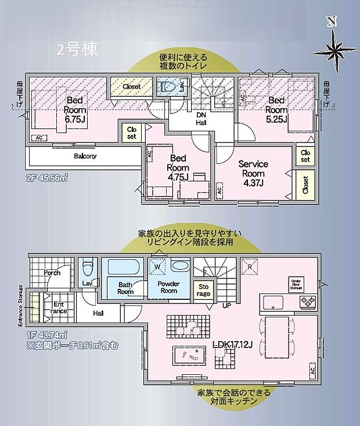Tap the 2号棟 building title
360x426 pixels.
pyautogui.click(x=77, y=49)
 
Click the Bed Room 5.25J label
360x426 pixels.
pyautogui.click(x=276, y=110)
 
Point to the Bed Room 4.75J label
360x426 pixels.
pyautogui.click(x=178, y=167)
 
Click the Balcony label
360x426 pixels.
pyautogui.click(x=85, y=156)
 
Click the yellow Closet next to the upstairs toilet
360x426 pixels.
pyautogui.click(x=131, y=87)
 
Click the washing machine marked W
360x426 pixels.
pyautogui.click(x=157, y=267)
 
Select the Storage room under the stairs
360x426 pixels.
pyautogui.click(x=204, y=290)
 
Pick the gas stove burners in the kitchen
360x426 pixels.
pyautogui.click(x=307, y=300)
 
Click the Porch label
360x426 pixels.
pyautogui.click(x=52, y=272)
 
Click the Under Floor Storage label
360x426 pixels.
pyautogui.click(x=297, y=284)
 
